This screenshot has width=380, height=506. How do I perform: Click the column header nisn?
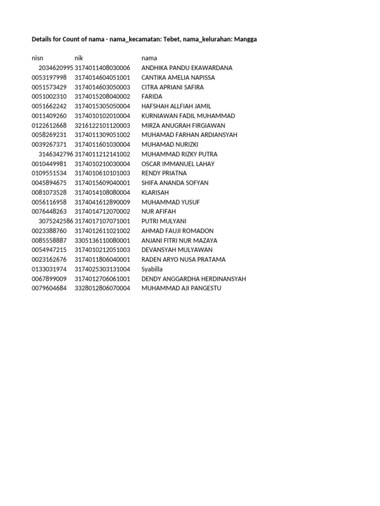point(38,58)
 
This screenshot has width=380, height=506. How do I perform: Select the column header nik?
point(79,58)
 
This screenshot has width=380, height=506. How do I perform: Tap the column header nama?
point(149,58)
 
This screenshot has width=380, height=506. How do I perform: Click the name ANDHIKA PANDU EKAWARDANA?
point(187,68)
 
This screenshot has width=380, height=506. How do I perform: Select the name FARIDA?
point(151,97)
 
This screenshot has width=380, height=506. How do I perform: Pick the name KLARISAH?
point(155,192)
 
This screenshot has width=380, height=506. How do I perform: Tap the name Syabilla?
point(152,269)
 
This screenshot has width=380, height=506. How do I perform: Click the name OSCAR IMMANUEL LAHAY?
point(178,164)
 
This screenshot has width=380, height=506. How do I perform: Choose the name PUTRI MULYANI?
point(164,221)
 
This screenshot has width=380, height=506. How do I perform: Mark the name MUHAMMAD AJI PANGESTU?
point(181,288)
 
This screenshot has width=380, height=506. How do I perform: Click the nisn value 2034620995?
point(55,68)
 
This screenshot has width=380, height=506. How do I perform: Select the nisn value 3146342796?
point(55,154)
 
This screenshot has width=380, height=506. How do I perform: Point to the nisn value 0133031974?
point(49,269)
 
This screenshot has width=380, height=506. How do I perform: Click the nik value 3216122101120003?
point(102,126)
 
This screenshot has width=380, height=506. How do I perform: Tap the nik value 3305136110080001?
point(102,241)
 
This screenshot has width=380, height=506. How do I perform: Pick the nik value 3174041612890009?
point(102,202)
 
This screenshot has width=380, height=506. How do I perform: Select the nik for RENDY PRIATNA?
point(102,173)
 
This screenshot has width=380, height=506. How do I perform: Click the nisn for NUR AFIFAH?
point(49,211)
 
